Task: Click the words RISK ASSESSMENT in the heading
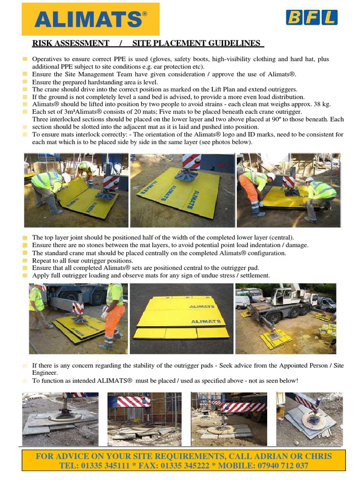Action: click(x=70, y=43)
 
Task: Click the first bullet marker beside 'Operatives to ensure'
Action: click(x=25, y=59)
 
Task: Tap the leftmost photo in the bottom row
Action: click(x=60, y=419)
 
